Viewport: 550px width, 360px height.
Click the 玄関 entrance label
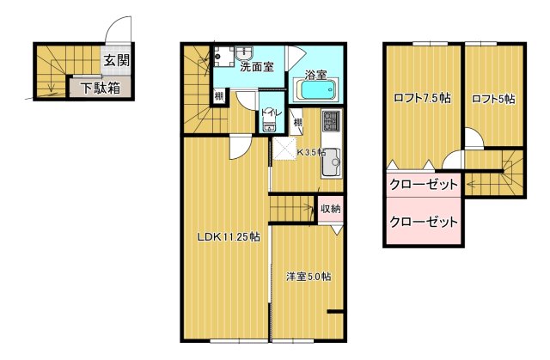coord(118,60)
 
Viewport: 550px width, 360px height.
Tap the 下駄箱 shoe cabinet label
coord(101,87)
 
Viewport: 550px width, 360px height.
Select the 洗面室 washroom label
coord(257,66)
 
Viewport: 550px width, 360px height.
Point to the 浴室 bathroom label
coord(315,75)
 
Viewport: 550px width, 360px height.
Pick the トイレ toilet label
coord(269,113)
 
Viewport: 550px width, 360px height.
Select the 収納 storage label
coord(331,208)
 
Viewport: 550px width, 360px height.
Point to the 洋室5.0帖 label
coord(309,277)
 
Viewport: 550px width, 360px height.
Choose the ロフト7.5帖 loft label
coord(422,99)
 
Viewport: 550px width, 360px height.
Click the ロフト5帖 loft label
coord(493,99)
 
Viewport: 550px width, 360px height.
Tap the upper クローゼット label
coord(424,185)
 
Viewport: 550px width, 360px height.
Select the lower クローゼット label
coord(424,222)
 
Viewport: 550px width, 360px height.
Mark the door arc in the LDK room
coord(240,147)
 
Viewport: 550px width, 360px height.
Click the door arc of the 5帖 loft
coord(474,137)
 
